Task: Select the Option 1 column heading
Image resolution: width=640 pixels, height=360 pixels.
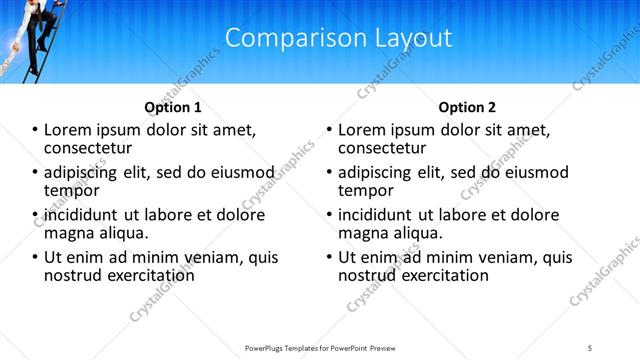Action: coord(172,107)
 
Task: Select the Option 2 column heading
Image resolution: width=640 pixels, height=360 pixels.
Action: coord(466,107)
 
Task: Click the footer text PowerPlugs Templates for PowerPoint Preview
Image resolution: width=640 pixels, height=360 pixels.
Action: coord(319,347)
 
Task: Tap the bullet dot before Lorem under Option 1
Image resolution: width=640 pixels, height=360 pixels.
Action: coord(35,130)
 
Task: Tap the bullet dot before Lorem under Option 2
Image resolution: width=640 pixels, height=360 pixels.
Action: coord(329,130)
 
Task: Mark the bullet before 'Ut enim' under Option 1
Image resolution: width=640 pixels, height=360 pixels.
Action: coord(35,257)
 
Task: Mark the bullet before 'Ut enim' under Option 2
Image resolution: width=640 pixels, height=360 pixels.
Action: coord(329,257)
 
